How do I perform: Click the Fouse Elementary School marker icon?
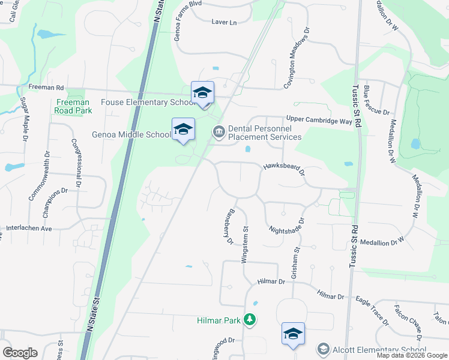pyautogui.click(x=202, y=93)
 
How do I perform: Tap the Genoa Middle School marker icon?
pyautogui.click(x=184, y=129)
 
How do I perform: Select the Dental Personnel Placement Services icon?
pyautogui.click(x=218, y=131)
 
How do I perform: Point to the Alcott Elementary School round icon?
pyautogui.click(x=324, y=350)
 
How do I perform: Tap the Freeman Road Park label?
pyautogui.click(x=73, y=106)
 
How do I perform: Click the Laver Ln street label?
pyautogui.click(x=224, y=22)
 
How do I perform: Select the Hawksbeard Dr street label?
pyautogui.click(x=284, y=170)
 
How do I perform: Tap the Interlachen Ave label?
pyautogui.click(x=29, y=228)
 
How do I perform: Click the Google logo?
pyautogui.click(x=20, y=353)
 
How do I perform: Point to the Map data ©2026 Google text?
pyautogui.click(x=411, y=355)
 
